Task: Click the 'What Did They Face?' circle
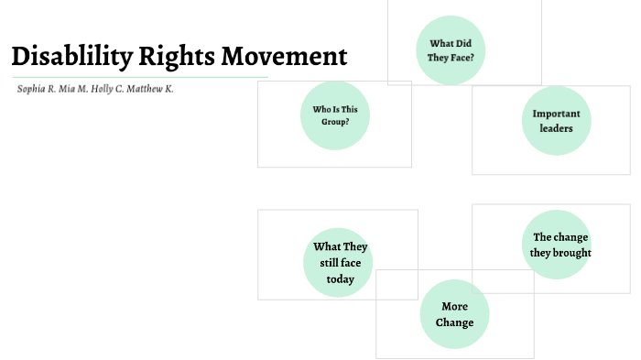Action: pos(451,50)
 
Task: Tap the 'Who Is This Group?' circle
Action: pos(335,115)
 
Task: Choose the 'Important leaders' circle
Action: pos(557,121)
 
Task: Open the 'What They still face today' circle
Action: pos(339,263)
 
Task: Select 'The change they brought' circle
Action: pos(560,245)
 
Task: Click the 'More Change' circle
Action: pos(454,314)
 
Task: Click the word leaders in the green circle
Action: pos(556,128)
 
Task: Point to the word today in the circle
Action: pos(340,279)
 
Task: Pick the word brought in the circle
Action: pos(573,252)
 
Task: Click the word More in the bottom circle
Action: pos(454,307)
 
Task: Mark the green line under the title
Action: pos(137,77)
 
